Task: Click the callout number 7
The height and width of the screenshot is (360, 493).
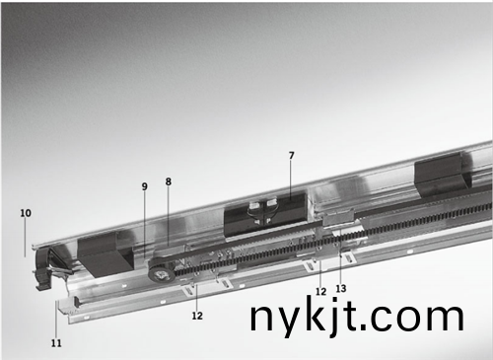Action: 291,156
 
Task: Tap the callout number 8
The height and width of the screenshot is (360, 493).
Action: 169,181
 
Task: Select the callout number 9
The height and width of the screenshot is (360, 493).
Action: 145,186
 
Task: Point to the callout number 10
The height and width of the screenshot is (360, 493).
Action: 26,213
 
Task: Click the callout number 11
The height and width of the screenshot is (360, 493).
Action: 56,343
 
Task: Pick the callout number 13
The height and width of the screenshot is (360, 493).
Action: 341,288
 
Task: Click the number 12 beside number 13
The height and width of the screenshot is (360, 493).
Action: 320,291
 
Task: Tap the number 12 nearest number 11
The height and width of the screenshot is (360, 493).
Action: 197,316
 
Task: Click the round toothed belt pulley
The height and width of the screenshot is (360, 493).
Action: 159,268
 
